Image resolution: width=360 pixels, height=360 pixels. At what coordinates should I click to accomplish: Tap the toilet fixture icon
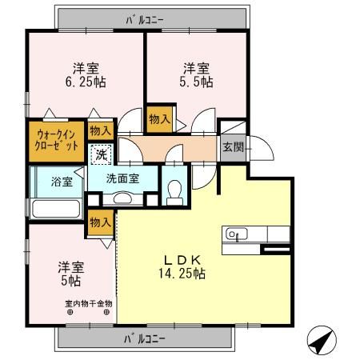point(174,190)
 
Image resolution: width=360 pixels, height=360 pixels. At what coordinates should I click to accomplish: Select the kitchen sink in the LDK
point(234,234)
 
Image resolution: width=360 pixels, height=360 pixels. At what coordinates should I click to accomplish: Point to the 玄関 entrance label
point(233,147)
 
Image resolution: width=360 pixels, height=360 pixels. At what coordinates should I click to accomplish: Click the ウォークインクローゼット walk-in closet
point(55,141)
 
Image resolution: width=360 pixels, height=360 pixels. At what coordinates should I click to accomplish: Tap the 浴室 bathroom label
point(62,181)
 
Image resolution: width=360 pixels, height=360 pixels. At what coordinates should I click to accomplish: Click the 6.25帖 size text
point(86,82)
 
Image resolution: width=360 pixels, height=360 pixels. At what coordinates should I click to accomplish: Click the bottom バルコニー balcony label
point(145,339)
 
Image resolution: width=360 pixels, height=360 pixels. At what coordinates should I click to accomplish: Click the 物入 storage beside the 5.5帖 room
point(159,118)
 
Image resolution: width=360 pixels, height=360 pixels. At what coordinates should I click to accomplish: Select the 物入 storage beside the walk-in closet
point(101,130)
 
